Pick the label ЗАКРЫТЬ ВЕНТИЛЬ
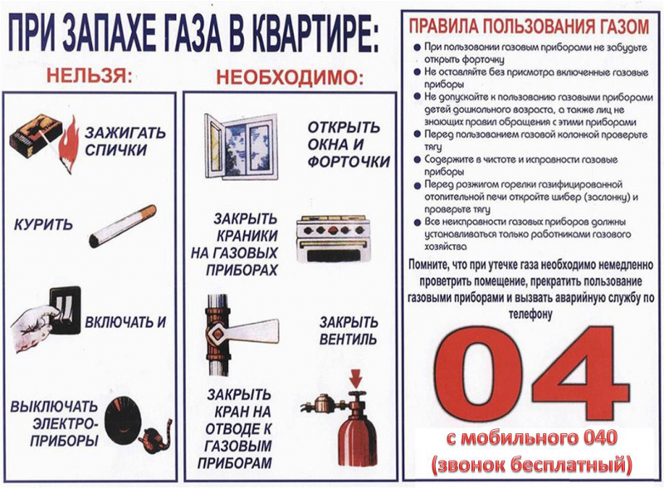tap(348, 330)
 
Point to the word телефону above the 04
tap(532, 315)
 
